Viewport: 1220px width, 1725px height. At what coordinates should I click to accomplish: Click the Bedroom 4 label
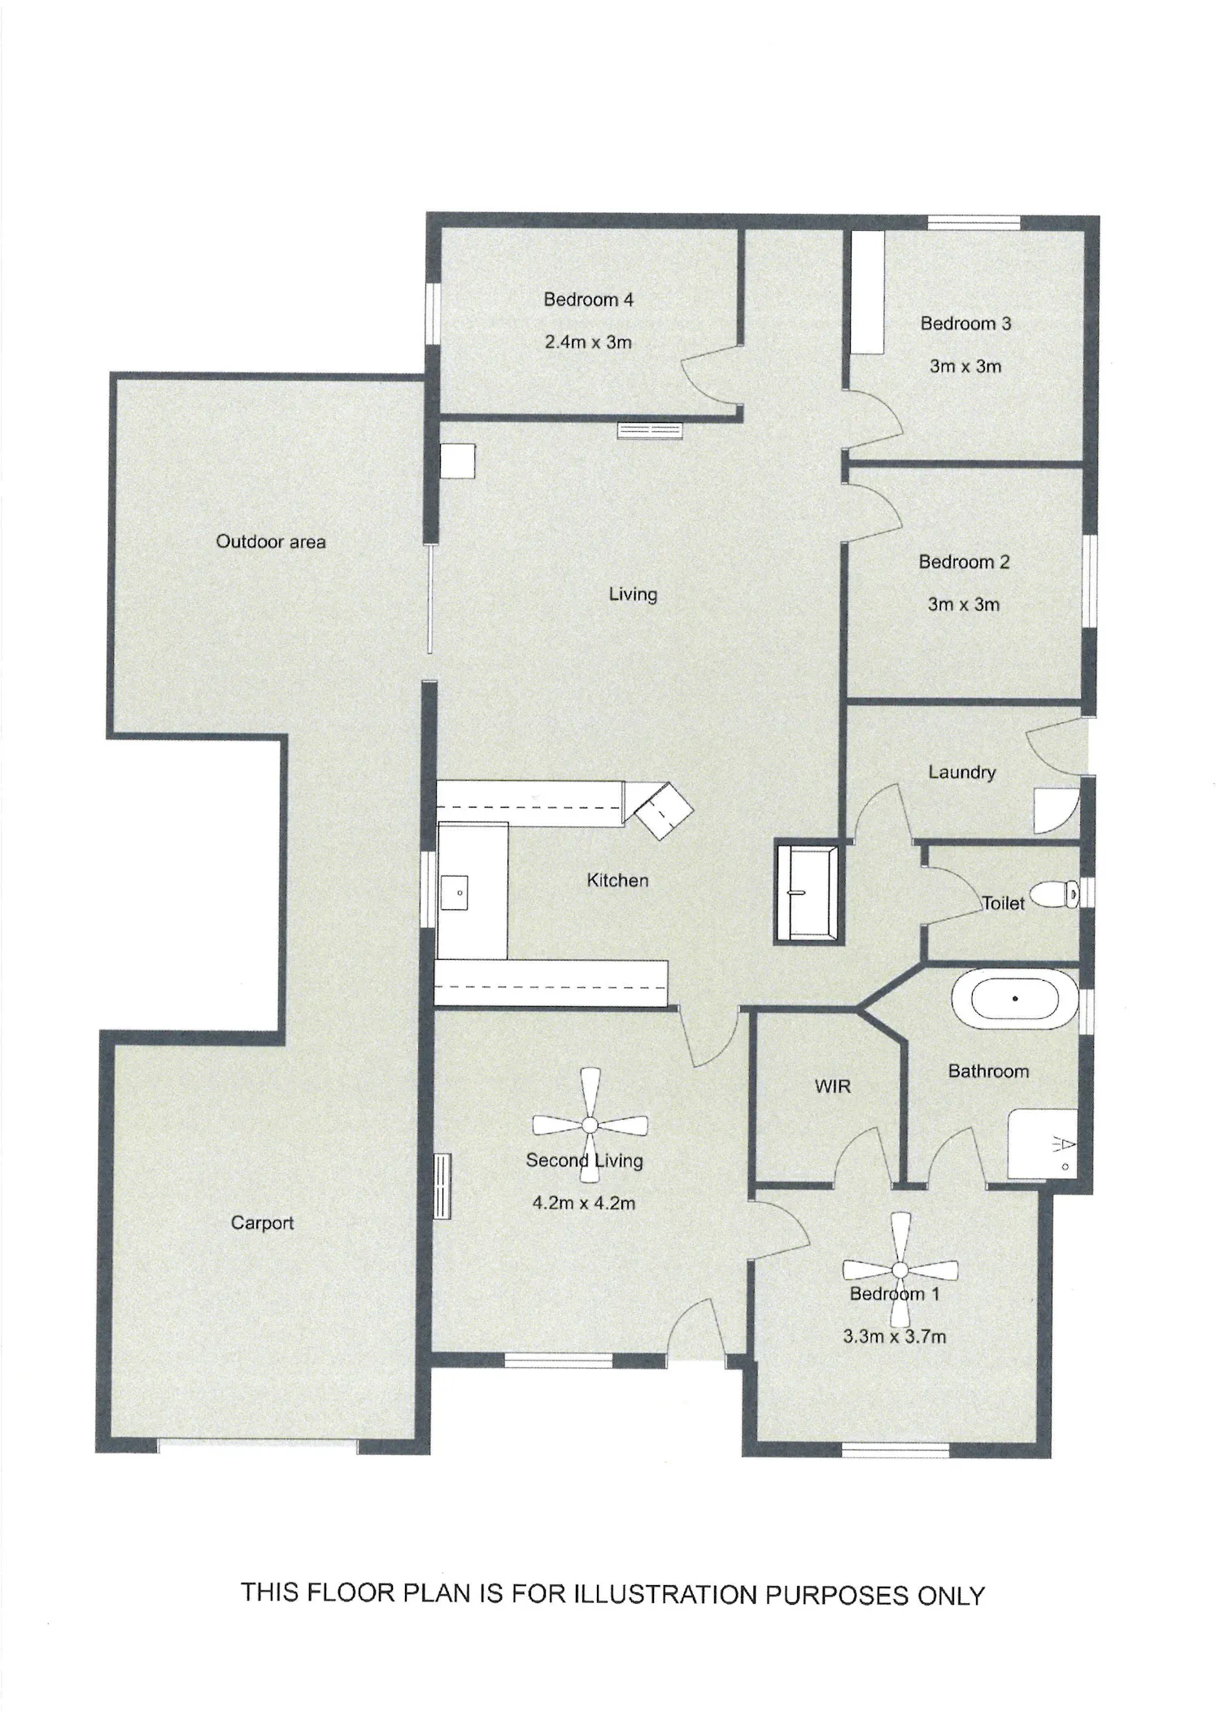[x=588, y=300]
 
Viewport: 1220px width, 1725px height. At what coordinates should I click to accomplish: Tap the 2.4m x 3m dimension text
[x=588, y=342]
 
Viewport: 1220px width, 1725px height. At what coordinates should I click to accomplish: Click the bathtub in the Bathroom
[x=1015, y=999]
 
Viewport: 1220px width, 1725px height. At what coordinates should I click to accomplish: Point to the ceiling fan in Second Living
[x=590, y=1126]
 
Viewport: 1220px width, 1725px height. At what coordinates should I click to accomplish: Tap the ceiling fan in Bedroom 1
[x=900, y=1270]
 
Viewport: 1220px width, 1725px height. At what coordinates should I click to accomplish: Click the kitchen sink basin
[x=455, y=893]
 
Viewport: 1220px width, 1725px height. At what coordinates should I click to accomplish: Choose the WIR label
[x=832, y=1087]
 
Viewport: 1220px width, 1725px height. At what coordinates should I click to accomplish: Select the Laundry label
[x=962, y=772]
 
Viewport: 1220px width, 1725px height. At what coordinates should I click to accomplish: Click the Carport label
[x=262, y=1222]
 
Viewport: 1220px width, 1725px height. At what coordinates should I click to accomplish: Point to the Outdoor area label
[x=271, y=542]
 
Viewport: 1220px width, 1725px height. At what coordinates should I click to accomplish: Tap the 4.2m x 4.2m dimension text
[x=584, y=1203]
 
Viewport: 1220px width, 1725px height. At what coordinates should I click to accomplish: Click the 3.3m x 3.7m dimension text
[x=895, y=1336]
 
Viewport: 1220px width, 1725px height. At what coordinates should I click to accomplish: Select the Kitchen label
[x=618, y=880]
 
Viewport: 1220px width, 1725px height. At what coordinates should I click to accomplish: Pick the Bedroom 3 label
[x=965, y=324]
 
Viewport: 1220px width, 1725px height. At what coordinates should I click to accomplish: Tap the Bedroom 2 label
[x=964, y=562]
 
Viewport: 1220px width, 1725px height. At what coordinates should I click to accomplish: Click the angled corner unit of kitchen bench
[x=664, y=812]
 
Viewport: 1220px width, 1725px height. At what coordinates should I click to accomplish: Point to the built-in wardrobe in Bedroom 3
[x=868, y=293]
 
